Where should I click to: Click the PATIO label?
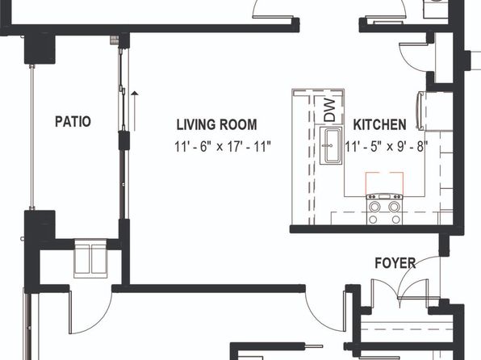(73, 122)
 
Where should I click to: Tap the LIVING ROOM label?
(216, 124)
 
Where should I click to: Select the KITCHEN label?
(379, 124)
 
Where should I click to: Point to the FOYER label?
(395, 263)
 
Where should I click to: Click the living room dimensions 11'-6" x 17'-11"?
(223, 147)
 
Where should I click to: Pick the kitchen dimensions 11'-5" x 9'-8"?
(387, 147)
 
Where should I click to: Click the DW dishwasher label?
(330, 110)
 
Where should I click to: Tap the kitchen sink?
(331, 145)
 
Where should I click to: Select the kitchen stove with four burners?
(384, 209)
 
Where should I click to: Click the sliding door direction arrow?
(135, 111)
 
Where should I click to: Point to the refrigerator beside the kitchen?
(420, 111)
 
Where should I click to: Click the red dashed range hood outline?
(384, 183)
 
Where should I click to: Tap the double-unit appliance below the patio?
(90, 258)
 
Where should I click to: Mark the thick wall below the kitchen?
(377, 229)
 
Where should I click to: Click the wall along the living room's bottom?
(208, 288)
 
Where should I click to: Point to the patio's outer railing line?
(31, 137)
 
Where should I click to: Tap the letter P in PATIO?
(58, 122)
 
